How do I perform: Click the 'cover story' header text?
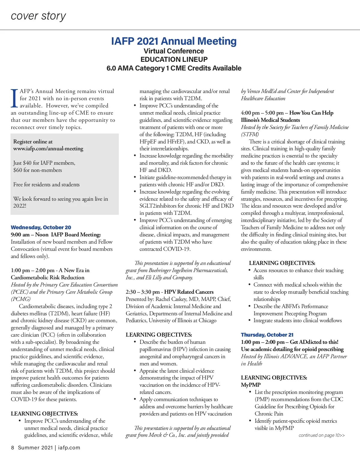pyautogui.click(x=38, y=16)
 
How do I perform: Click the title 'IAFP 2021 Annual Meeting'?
pyautogui.click(x=174, y=41)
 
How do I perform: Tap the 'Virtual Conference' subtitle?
pyautogui.click(x=174, y=51)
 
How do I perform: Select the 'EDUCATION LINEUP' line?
pyautogui.click(x=174, y=59)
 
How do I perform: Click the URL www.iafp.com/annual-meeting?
pyautogui.click(x=48, y=148)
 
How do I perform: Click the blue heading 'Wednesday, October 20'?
pyautogui.click(x=41, y=227)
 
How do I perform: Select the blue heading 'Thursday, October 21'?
pyautogui.click(x=267, y=335)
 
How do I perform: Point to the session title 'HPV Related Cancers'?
pyautogui.click(x=189, y=292)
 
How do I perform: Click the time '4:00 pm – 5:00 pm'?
pyautogui.click(x=262, y=113)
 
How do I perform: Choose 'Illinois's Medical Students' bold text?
pyautogui.click(x=270, y=120)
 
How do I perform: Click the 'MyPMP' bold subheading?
pyautogui.click(x=250, y=385)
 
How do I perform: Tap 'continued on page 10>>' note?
pyautogui.click(x=322, y=435)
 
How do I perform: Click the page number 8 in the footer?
pyautogui.click(x=13, y=448)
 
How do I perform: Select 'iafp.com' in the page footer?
pyautogui.click(x=69, y=448)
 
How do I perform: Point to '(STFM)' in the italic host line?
pyautogui.click(x=250, y=134)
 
